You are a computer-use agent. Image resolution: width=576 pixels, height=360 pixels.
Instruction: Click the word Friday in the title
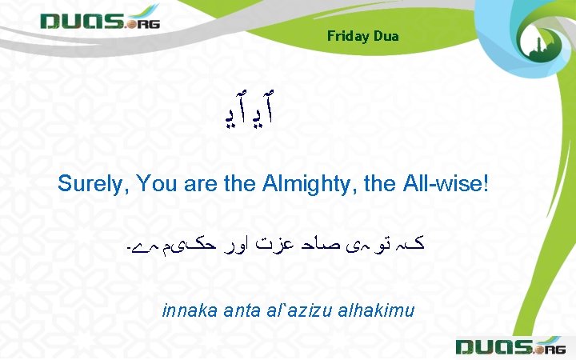click(346, 36)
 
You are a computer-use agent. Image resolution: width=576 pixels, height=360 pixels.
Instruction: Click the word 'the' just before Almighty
click(239, 184)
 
